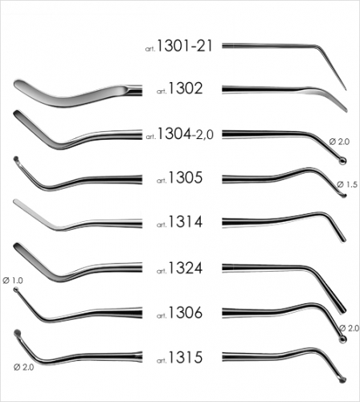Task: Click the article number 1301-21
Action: pos(185,46)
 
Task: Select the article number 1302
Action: pos(186,88)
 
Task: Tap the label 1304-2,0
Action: pos(186,133)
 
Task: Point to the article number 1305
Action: pos(186,178)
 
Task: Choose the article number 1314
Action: pos(186,222)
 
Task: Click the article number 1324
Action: pos(186,268)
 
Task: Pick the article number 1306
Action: pos(186,313)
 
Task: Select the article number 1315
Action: pos(186,357)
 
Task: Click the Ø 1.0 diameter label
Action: pos(13,281)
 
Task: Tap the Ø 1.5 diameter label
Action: pos(347,184)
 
